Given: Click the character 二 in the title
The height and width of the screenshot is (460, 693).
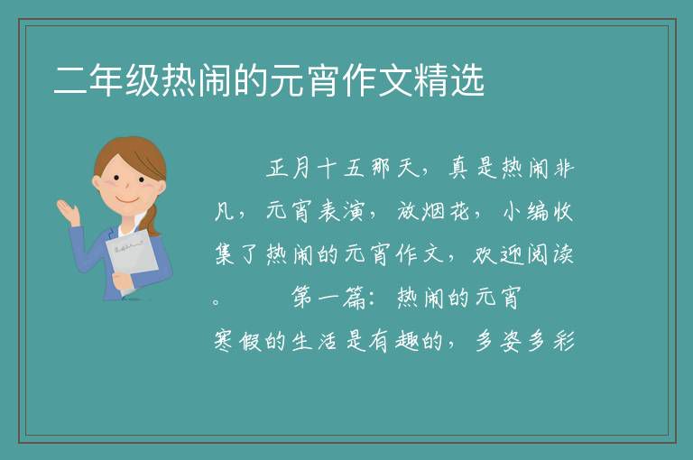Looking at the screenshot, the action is (69, 80).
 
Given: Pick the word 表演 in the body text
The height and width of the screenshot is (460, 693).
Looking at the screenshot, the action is (340, 211).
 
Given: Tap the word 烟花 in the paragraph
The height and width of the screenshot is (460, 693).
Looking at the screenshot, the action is (445, 211).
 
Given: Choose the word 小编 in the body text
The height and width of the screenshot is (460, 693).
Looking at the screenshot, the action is (524, 211).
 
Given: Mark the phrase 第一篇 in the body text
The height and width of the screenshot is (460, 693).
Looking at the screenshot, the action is (328, 297).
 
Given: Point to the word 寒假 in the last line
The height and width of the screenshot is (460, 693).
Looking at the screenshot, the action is (238, 341).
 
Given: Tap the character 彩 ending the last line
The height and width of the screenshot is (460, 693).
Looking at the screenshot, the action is (563, 341).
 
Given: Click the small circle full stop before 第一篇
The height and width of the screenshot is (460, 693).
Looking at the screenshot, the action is (217, 303).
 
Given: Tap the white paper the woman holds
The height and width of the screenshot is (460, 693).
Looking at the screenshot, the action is (130, 258).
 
